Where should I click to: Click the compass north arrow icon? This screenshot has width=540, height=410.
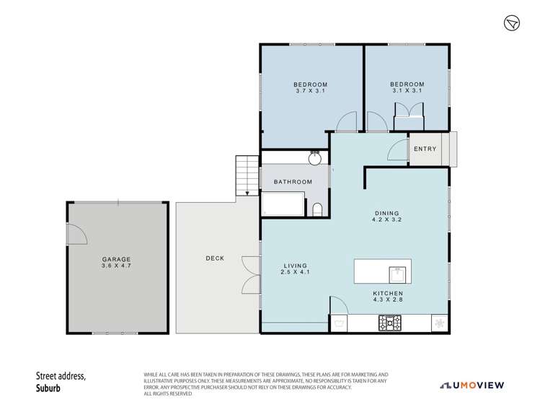(x=511, y=23)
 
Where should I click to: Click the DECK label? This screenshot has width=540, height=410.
(x=214, y=258)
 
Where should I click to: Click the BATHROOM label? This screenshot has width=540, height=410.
(x=293, y=182)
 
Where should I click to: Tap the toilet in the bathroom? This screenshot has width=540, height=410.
(x=318, y=209)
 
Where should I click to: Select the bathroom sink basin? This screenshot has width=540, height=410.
(x=315, y=158)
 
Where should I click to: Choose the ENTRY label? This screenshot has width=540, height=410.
(x=425, y=149)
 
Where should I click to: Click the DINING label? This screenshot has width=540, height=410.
(x=386, y=213)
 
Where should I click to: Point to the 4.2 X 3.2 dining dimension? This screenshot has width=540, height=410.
(x=386, y=220)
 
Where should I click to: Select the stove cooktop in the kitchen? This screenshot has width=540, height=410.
(x=393, y=324)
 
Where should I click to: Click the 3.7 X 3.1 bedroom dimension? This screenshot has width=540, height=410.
(x=311, y=91)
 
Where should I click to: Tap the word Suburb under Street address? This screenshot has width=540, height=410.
(x=51, y=387)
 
